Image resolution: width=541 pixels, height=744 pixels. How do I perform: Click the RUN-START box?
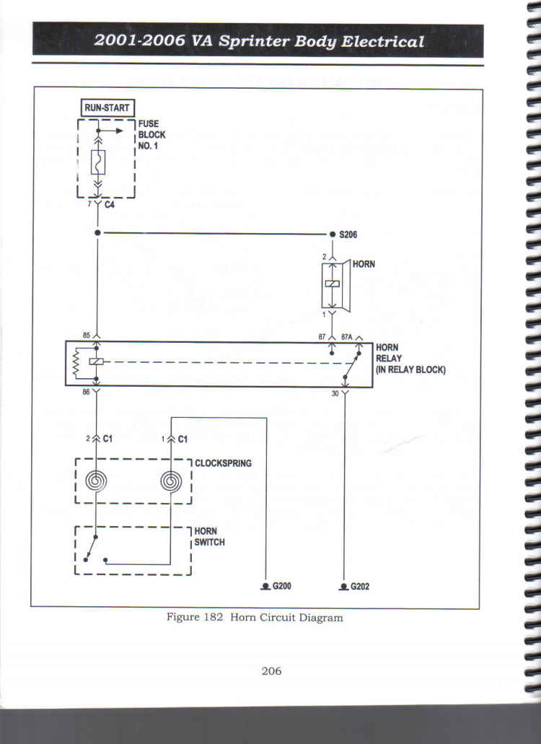[x=107, y=108]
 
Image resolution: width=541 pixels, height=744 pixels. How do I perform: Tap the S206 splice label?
[x=348, y=235]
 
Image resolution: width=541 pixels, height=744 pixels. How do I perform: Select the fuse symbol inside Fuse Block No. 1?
[x=97, y=162]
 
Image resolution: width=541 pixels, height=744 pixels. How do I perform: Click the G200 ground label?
[x=281, y=586]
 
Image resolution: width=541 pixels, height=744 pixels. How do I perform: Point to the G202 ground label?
[x=360, y=587]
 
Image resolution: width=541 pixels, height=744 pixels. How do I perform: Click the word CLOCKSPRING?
[x=223, y=463]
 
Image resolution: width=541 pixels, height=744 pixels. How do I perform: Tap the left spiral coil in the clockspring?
[x=96, y=481]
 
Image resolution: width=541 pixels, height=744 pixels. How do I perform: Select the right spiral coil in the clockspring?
[x=171, y=481]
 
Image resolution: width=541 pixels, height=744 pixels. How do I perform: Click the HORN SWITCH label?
[x=209, y=537]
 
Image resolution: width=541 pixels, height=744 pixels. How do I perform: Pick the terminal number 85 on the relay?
[x=87, y=336]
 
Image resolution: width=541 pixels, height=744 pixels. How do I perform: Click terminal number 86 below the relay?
[x=86, y=392]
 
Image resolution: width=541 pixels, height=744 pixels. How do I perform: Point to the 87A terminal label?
[x=346, y=337]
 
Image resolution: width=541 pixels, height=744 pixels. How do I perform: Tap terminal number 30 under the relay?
[x=335, y=393]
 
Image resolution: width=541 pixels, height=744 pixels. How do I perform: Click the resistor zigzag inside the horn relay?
[x=75, y=364]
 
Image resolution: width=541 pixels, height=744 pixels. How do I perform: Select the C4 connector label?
[x=110, y=204]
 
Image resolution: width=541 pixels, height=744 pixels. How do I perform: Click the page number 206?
[x=271, y=671]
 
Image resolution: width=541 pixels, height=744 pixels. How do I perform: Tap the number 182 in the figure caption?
[x=214, y=617]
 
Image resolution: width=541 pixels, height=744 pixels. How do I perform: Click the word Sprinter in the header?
[x=254, y=41]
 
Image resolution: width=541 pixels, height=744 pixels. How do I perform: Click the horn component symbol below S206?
[x=336, y=286]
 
